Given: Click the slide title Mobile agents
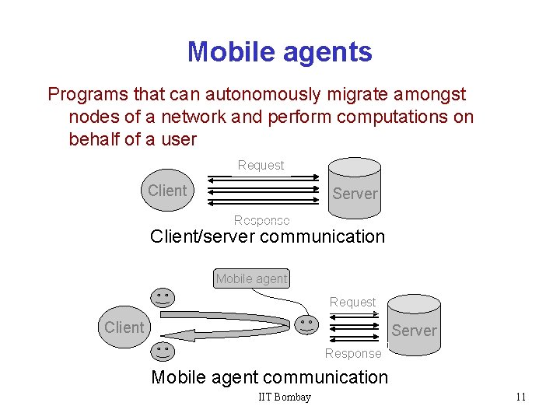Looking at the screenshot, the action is tap(279, 52).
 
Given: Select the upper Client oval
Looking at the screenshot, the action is tap(167, 191).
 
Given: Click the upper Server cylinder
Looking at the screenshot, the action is tap(355, 187).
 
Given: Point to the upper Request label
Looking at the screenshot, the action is tap(261, 165).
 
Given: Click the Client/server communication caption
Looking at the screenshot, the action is tap(267, 236).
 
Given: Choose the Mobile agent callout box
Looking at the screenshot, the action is tap(251, 278).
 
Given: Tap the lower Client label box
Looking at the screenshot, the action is tap(124, 327).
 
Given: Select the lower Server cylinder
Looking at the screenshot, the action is tap(413, 325).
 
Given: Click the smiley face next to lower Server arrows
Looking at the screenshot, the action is tap(308, 324).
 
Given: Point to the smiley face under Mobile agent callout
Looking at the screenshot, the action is tap(163, 297).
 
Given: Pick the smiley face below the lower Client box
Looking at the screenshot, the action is tap(163, 351).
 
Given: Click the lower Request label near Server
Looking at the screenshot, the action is tap(352, 302).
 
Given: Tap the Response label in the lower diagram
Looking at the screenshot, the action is tap(353, 353).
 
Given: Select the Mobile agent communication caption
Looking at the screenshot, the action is tap(269, 377).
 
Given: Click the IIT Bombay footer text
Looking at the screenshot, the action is tap(285, 397).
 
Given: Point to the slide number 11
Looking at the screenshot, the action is tap(520, 397).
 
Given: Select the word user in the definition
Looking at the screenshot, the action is tap(177, 140).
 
